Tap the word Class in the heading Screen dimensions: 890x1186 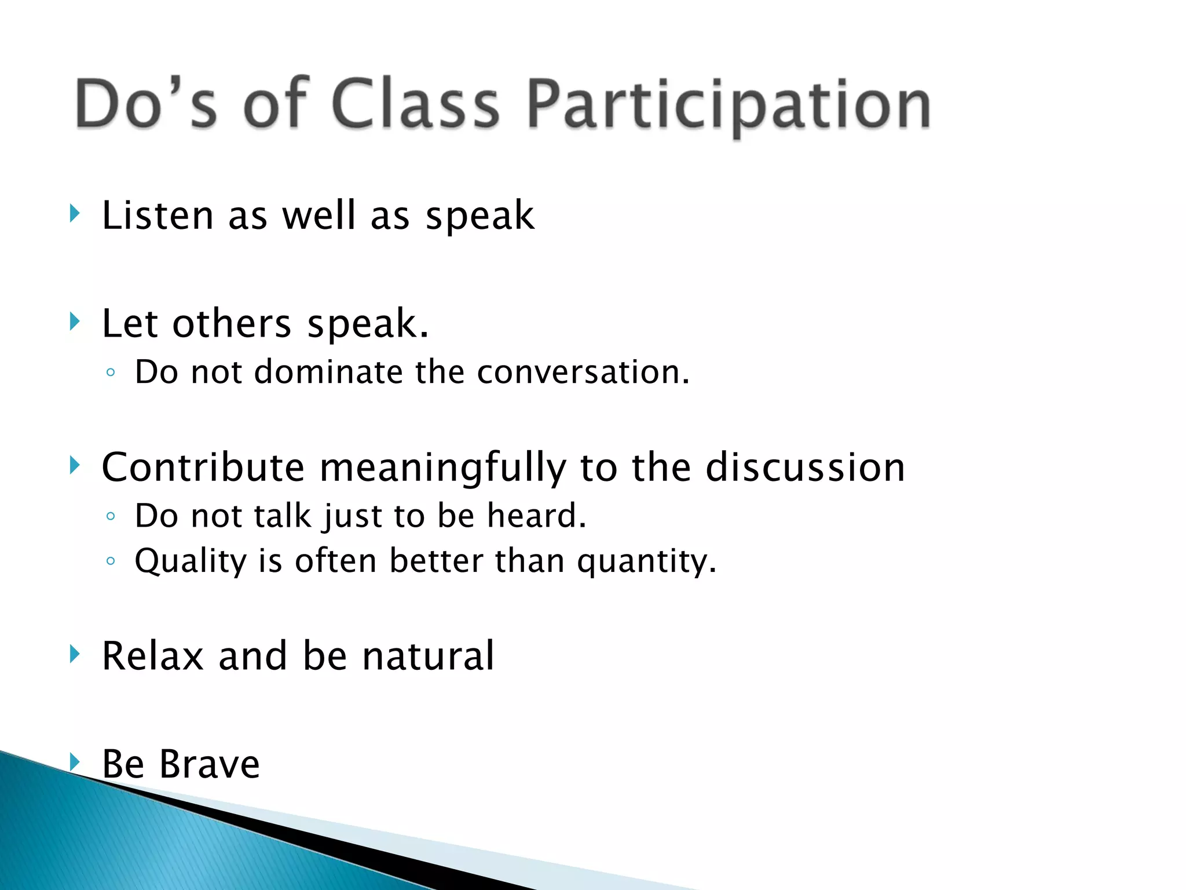point(415,104)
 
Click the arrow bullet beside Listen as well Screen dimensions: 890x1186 point(74,213)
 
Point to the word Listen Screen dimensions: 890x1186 point(158,216)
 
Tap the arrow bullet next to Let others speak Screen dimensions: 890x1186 point(74,321)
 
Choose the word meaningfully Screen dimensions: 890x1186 point(443,468)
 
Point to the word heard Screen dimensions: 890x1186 point(536,515)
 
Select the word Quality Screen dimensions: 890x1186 point(191,561)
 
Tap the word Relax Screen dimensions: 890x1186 point(153,656)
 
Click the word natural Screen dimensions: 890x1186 point(429,656)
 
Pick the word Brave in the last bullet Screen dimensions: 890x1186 point(210,764)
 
